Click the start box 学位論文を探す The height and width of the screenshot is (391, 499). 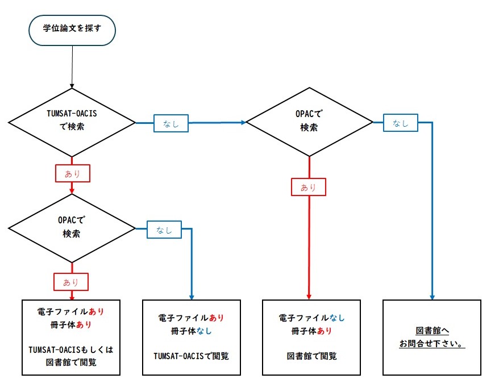pos(72,30)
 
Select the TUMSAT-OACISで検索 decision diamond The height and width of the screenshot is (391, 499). pos(72,123)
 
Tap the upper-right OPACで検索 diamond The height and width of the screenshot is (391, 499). pos(309,122)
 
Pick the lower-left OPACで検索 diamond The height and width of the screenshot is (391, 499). pos(72,228)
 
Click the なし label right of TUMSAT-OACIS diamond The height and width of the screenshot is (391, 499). pos(171,123)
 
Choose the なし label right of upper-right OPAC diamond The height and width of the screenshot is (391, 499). pos(400,123)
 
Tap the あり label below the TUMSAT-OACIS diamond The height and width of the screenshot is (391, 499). pos(73,173)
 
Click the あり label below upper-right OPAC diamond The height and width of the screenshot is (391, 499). pos(309,187)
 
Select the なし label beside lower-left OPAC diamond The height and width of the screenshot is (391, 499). pos(164,230)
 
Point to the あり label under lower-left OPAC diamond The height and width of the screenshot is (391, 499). pos(71,282)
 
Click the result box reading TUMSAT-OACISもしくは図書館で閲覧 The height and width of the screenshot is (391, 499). pos(71,338)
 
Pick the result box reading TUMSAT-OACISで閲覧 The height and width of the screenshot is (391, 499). pos(192,338)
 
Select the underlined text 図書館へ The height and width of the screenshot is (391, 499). pos(432,331)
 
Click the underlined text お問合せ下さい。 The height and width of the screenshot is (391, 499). pos(432,344)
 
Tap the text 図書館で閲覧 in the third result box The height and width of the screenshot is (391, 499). pos(311,356)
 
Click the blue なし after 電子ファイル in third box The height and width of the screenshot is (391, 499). pos(336,318)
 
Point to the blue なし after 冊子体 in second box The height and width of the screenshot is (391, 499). pos(204,331)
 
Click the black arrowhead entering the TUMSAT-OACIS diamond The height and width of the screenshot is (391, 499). pos(72,86)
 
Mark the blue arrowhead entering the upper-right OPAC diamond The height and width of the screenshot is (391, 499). pos(244,123)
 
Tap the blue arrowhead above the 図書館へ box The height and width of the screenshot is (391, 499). pos(432,297)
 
